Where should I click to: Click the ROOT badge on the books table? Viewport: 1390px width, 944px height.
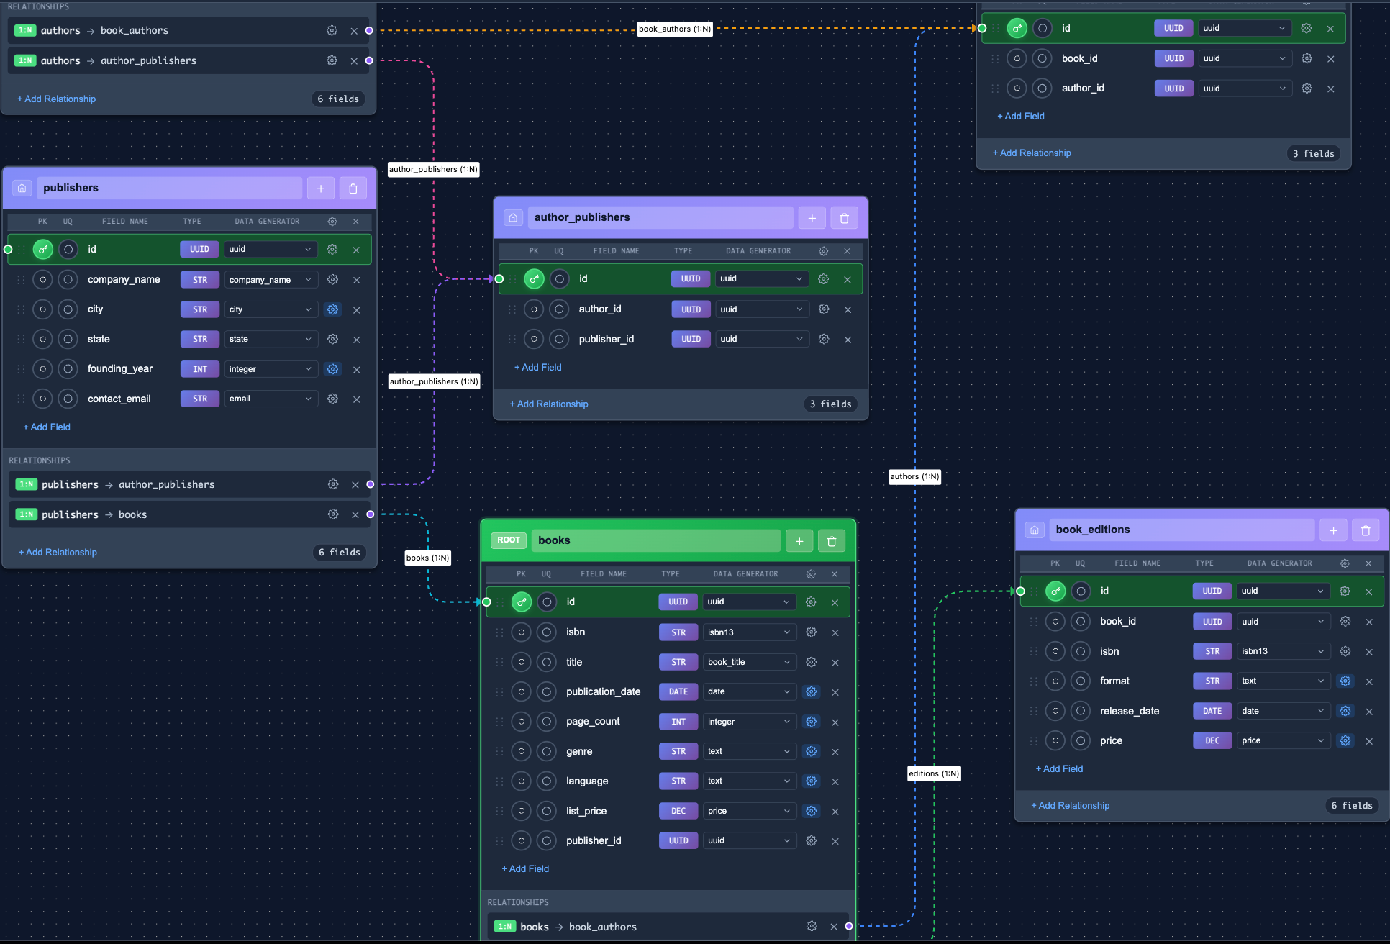tap(508, 540)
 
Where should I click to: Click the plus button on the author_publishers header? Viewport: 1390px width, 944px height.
tap(812, 218)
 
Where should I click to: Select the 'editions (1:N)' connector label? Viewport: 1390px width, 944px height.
tap(933, 773)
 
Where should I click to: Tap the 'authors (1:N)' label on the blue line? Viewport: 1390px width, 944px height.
tap(914, 476)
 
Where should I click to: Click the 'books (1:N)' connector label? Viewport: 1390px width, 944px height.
tap(427, 558)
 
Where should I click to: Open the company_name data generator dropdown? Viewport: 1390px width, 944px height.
tap(271, 280)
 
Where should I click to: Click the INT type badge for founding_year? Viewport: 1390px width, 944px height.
tap(199, 369)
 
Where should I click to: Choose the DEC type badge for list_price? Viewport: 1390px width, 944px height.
tap(678, 811)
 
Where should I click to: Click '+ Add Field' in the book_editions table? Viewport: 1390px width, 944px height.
tap(1059, 768)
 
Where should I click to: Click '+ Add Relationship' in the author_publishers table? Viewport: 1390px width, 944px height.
tap(549, 404)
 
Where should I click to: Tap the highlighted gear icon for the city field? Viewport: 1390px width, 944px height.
tap(332, 309)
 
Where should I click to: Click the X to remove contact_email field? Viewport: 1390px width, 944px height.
tap(356, 399)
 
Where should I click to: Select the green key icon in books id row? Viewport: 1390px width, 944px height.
tap(522, 602)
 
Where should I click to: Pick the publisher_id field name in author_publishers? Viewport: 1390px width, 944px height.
tap(606, 339)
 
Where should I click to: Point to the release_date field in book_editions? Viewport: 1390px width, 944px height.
tap(1129, 711)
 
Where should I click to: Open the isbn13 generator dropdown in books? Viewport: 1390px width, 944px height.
tap(748, 632)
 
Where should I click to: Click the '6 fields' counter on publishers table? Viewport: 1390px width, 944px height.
tap(339, 552)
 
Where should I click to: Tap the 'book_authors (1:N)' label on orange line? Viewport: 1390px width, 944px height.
tap(674, 29)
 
